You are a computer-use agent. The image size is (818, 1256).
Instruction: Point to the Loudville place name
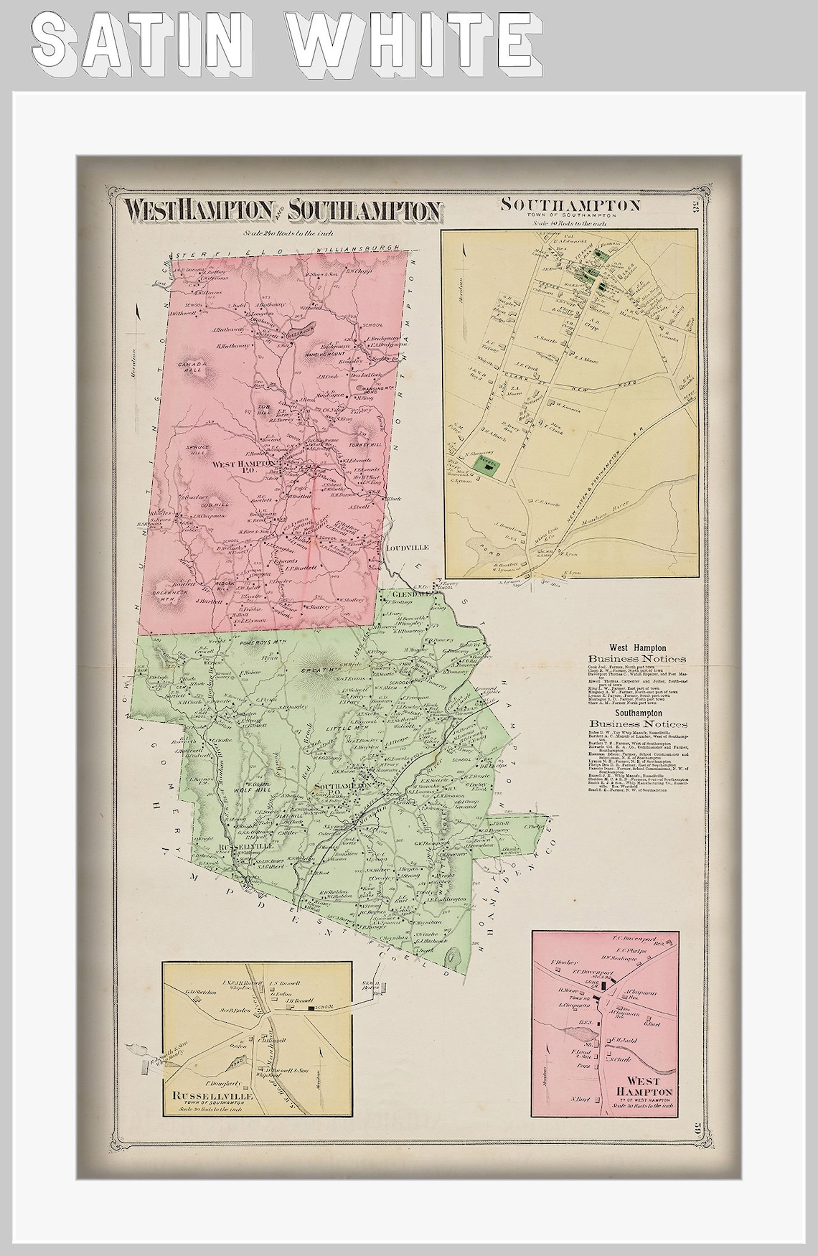click(407, 547)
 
